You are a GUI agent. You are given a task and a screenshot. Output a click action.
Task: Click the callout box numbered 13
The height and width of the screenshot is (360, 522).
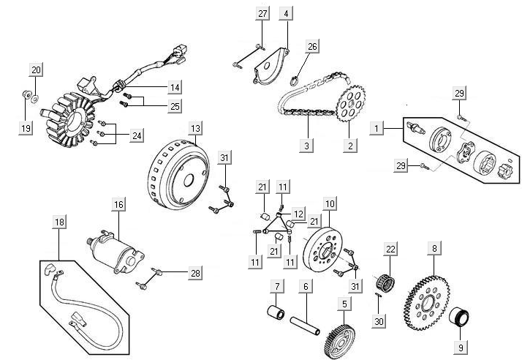pyautogui.click(x=194, y=128)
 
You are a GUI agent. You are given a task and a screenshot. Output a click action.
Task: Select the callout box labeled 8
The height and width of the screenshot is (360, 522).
pyautogui.click(x=434, y=249)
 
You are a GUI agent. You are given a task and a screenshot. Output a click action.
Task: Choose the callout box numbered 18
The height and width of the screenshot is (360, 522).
pyautogui.click(x=58, y=220)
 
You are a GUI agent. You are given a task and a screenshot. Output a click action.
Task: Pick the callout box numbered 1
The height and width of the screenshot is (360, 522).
pyautogui.click(x=377, y=128)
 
